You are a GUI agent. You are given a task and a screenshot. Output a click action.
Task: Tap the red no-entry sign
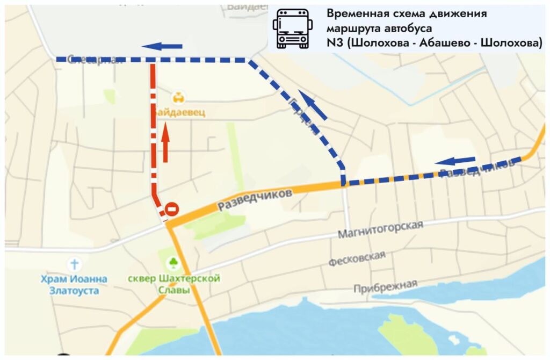pyautogui.click(x=172, y=209)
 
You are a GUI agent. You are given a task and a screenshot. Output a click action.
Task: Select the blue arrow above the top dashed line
pyautogui.click(x=162, y=46)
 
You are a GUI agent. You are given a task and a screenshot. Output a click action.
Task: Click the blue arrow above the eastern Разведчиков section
pyautogui.click(x=455, y=160)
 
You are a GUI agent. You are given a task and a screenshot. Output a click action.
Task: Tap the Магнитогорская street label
pyautogui.click(x=380, y=230)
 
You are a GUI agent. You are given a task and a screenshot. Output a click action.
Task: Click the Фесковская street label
pyautogui.click(x=356, y=258)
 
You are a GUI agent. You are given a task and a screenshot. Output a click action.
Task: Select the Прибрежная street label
pyautogui.click(x=385, y=286)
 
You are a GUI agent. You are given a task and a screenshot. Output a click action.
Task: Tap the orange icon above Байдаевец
pyautogui.click(x=178, y=98)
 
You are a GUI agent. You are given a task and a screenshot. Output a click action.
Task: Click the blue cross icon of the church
pyautogui.click(x=74, y=264)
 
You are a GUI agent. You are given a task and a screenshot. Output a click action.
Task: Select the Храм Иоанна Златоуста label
pyautogui.click(x=74, y=285)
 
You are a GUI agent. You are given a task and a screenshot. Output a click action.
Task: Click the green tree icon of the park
pyautogui.click(x=173, y=263)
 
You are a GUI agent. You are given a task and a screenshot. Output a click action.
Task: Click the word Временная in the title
pyautogui.click(x=355, y=13)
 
